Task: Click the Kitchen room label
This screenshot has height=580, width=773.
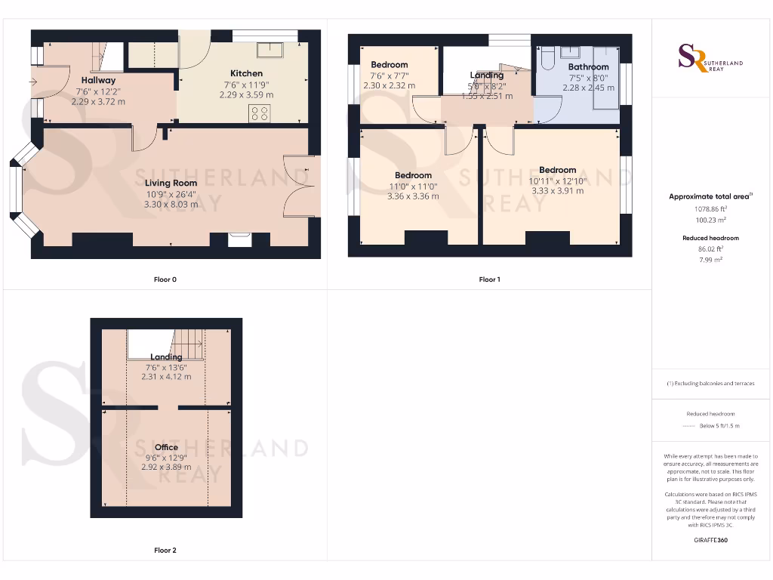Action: pyautogui.click(x=246, y=73)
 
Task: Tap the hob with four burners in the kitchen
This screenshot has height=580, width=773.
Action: pyautogui.click(x=260, y=114)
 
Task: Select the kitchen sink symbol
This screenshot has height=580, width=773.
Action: pyautogui.click(x=269, y=50)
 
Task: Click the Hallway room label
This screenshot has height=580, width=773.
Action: pyautogui.click(x=98, y=80)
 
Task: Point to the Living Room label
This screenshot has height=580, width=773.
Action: pyautogui.click(x=171, y=183)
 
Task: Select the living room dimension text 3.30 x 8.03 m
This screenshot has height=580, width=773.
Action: pyautogui.click(x=171, y=204)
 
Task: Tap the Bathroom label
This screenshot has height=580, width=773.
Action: pyautogui.click(x=588, y=66)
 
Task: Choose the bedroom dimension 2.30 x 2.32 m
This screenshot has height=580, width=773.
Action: pyautogui.click(x=389, y=86)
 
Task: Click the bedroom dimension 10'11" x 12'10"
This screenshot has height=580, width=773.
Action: pyautogui.click(x=557, y=180)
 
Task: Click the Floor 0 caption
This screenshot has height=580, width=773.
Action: pyautogui.click(x=165, y=279)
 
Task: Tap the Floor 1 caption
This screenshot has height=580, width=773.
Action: pyautogui.click(x=489, y=279)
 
